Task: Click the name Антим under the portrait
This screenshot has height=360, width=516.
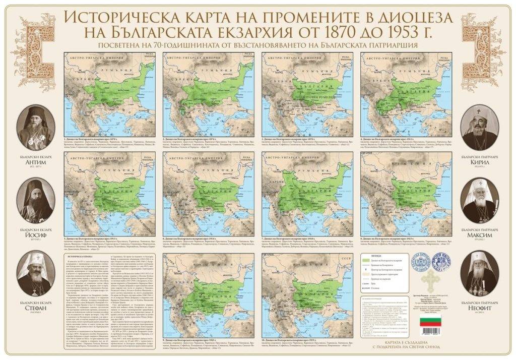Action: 35,168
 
